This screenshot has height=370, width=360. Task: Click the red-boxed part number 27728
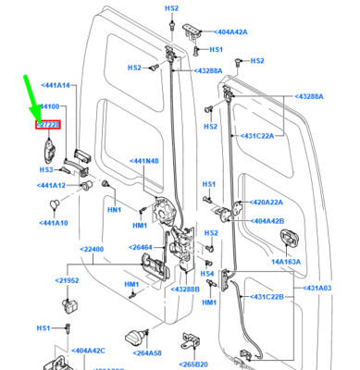[x=48, y=124]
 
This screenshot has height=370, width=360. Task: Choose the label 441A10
[x=54, y=223]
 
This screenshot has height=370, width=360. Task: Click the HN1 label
[x=115, y=210]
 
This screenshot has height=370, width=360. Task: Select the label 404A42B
[x=268, y=221]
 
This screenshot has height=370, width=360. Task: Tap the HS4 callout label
[x=208, y=274]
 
